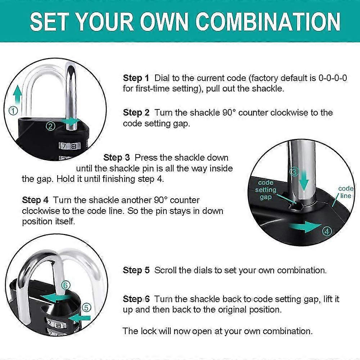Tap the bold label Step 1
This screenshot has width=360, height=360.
tap(136, 78)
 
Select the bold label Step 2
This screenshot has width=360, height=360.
tap(136, 113)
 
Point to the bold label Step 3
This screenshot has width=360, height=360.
tap(116, 158)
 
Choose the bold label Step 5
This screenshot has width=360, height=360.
tap(136, 270)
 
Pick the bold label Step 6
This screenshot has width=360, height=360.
tap(136, 299)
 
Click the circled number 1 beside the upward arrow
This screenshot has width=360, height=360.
tap(13, 111)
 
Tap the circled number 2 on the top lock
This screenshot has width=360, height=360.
tap(50, 126)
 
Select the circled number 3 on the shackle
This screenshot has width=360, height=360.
tap(295, 172)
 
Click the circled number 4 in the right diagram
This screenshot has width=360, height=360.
tap(327, 231)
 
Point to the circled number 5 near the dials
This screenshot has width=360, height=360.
tap(86, 307)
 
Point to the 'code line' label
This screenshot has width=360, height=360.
tap(346, 192)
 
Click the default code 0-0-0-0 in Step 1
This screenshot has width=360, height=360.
tap(333, 78)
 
